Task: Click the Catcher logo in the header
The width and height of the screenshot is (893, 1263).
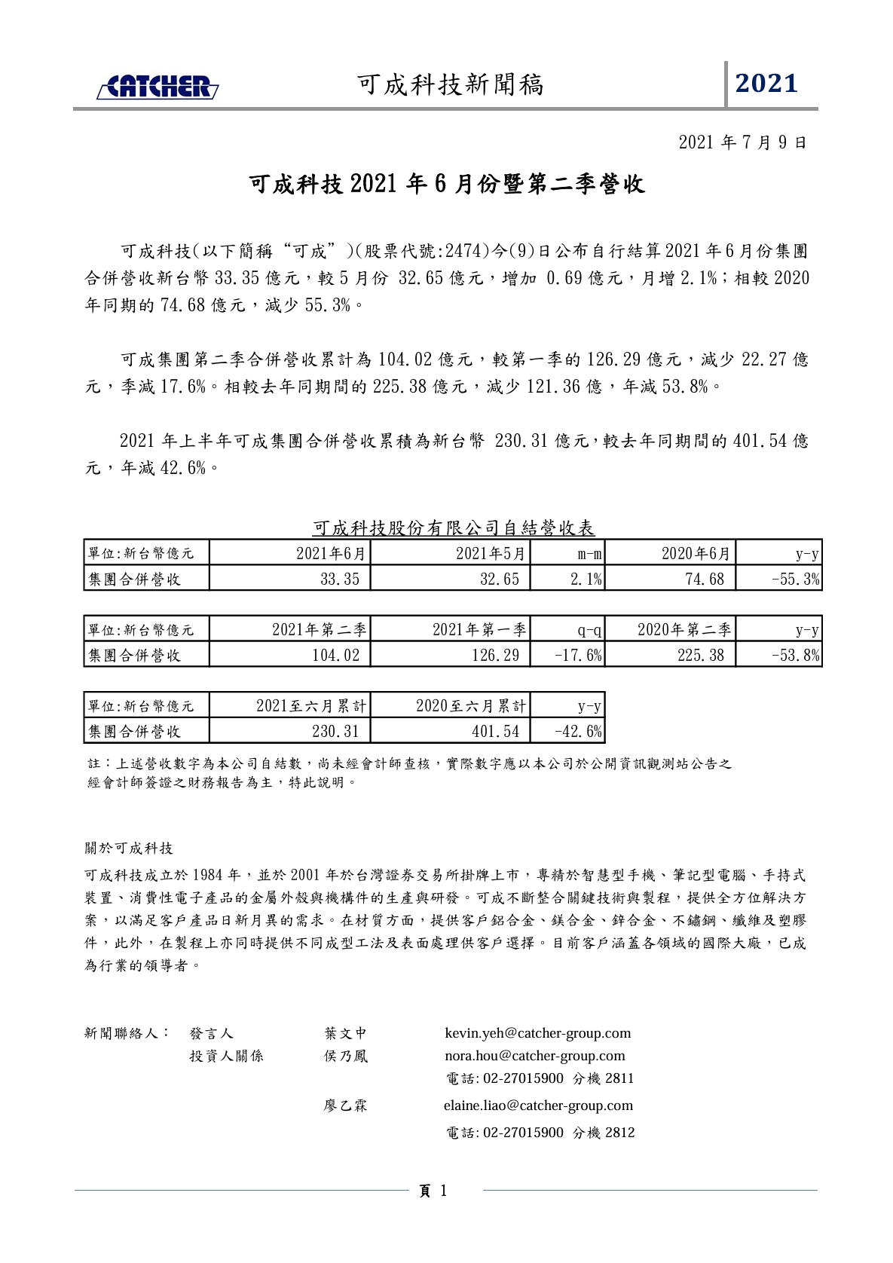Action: pyautogui.click(x=157, y=87)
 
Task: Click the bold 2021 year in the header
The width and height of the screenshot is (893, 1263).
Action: pyautogui.click(x=766, y=84)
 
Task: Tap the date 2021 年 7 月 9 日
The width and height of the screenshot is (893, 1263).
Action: pyautogui.click(x=742, y=142)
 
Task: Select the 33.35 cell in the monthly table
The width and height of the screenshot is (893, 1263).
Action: pyautogui.click(x=340, y=579)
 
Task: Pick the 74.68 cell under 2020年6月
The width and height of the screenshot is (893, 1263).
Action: pyautogui.click(x=705, y=579)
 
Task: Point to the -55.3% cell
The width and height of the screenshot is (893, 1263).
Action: pyautogui.click(x=796, y=579)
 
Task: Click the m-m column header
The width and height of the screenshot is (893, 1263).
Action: pyautogui.click(x=590, y=554)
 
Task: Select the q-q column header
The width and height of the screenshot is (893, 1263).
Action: pyautogui.click(x=590, y=630)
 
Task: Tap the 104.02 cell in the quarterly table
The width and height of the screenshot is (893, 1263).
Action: pyautogui.click(x=336, y=655)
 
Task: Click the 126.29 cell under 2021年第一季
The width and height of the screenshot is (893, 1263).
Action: pyautogui.click(x=496, y=655)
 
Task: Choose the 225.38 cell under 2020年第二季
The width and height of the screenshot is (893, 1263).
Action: pyautogui.click(x=701, y=655)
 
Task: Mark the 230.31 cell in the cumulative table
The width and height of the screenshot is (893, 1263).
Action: pyautogui.click(x=336, y=731)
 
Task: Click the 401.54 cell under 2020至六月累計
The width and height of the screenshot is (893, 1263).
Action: pyautogui.click(x=496, y=731)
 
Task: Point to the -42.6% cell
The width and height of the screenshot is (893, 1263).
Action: pyautogui.click(x=578, y=731)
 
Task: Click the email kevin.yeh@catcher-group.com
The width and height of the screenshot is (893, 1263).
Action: pyautogui.click(x=537, y=1033)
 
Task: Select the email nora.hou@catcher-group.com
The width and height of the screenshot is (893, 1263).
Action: pyautogui.click(x=534, y=1056)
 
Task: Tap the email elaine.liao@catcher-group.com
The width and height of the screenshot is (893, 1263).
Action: pyautogui.click(x=538, y=1106)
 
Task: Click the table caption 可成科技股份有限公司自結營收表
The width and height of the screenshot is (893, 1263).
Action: pyautogui.click(x=453, y=528)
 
